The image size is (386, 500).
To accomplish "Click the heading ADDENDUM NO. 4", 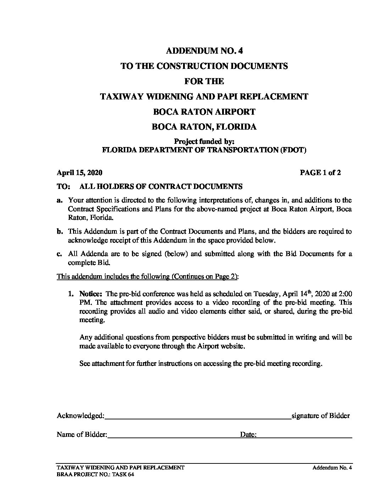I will tap(204, 51).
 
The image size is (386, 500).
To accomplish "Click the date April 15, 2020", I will tap(79, 173).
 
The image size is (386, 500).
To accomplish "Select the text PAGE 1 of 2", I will tap(320, 173).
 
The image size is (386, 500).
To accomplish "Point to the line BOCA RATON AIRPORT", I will tap(204, 112).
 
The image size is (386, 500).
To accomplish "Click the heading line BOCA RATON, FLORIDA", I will tap(204, 127).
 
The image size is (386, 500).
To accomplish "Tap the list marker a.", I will tap(59, 200).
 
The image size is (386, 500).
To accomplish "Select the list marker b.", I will tap(60, 232).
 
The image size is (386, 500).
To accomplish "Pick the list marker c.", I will tap(59, 254).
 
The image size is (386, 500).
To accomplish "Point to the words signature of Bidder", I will tap(320, 416).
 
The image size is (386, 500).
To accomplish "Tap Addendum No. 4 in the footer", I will tap(332, 468).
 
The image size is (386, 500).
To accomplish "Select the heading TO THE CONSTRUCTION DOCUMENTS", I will tap(204, 66).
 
